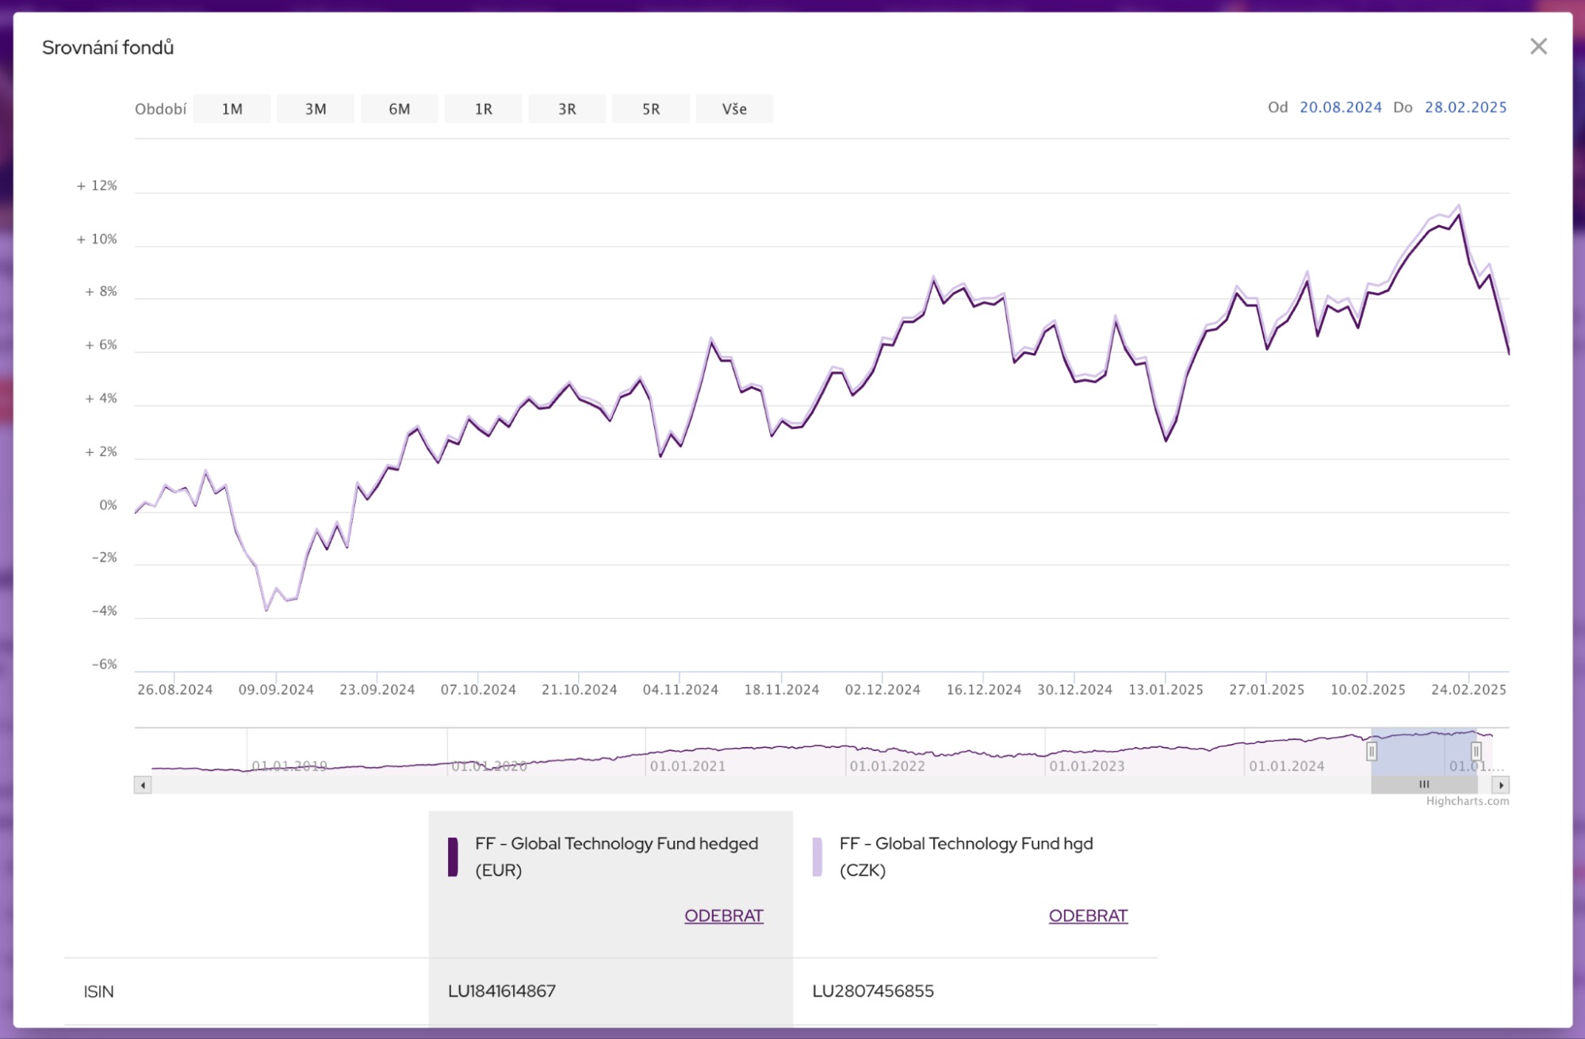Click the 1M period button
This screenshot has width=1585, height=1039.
(232, 109)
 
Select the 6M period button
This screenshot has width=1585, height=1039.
(399, 109)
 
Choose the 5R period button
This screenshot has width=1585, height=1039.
(650, 109)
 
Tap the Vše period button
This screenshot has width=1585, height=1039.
(734, 109)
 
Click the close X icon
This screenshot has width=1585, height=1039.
(1538, 47)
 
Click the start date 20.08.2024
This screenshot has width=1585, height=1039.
(1340, 107)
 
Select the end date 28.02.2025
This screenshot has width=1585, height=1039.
(1465, 107)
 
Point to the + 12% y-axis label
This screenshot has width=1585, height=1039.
(97, 186)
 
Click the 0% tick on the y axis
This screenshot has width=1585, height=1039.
(108, 505)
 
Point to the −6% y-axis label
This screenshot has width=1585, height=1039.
(104, 665)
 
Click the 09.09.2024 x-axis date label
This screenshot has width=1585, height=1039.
(276, 690)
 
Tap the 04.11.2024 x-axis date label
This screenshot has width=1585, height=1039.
(680, 690)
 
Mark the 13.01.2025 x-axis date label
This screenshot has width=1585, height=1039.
(1166, 690)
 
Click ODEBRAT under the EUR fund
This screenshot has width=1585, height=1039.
(723, 916)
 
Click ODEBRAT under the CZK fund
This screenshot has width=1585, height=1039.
(1088, 916)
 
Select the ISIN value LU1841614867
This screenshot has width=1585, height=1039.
(502, 991)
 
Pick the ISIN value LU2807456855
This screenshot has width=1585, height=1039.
(873, 991)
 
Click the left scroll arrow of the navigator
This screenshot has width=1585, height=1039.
(143, 785)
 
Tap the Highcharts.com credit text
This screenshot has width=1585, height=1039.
(1467, 801)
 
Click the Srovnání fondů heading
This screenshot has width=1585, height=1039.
(108, 48)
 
